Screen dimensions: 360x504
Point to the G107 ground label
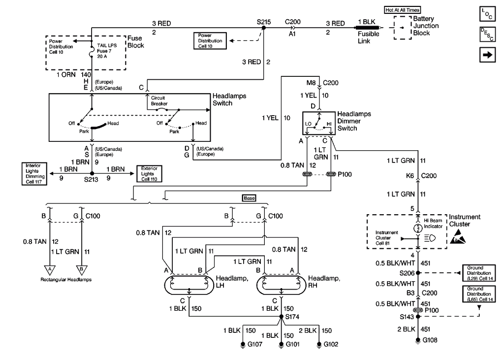(256, 344)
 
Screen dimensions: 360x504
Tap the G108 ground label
(432, 340)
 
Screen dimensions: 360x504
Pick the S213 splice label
(92, 181)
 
